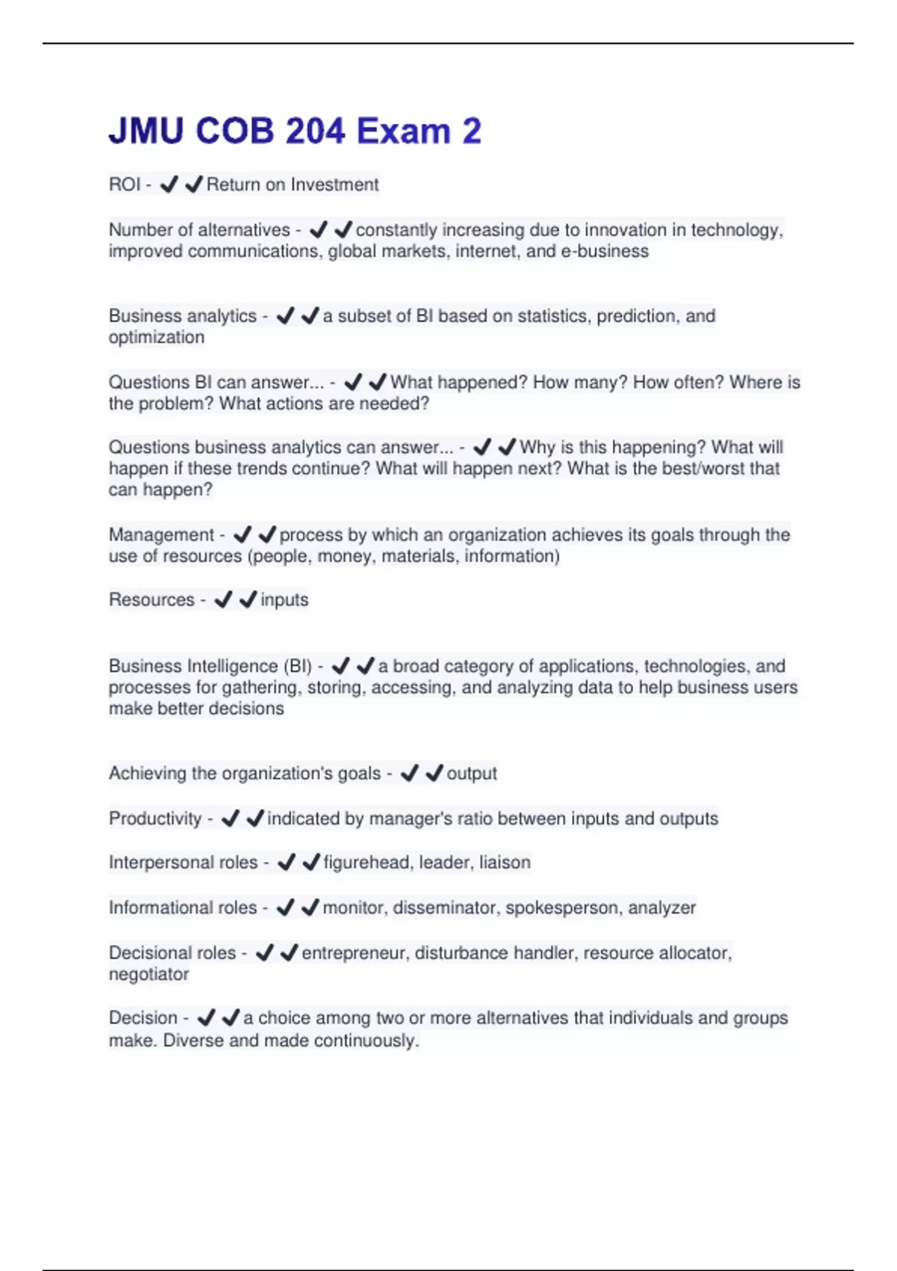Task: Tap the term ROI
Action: pyautogui.click(x=124, y=185)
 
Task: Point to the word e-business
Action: pyautogui.click(x=604, y=251)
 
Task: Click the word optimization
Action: pyautogui.click(x=156, y=337)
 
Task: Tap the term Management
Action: pyautogui.click(x=161, y=535)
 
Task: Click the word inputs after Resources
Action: pyautogui.click(x=284, y=600)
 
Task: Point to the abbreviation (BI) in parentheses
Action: pyautogui.click(x=298, y=666)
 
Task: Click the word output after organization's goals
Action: pyautogui.click(x=472, y=773)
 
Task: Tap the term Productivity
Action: pyautogui.click(x=155, y=819)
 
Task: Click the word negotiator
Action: pyautogui.click(x=149, y=974)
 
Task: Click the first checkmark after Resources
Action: pyautogui.click(x=223, y=600)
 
